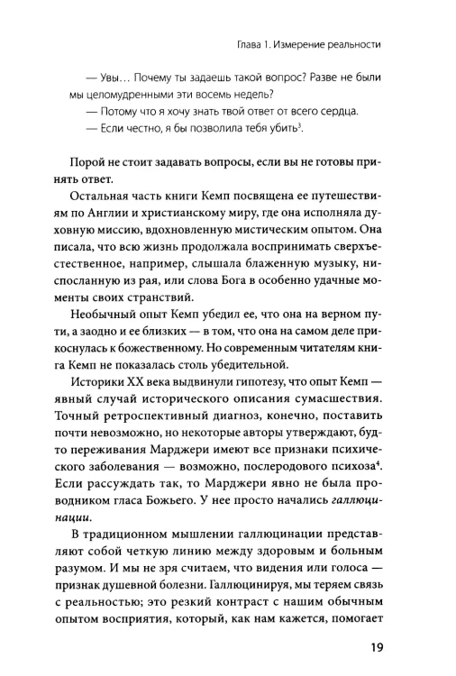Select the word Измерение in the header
310,43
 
